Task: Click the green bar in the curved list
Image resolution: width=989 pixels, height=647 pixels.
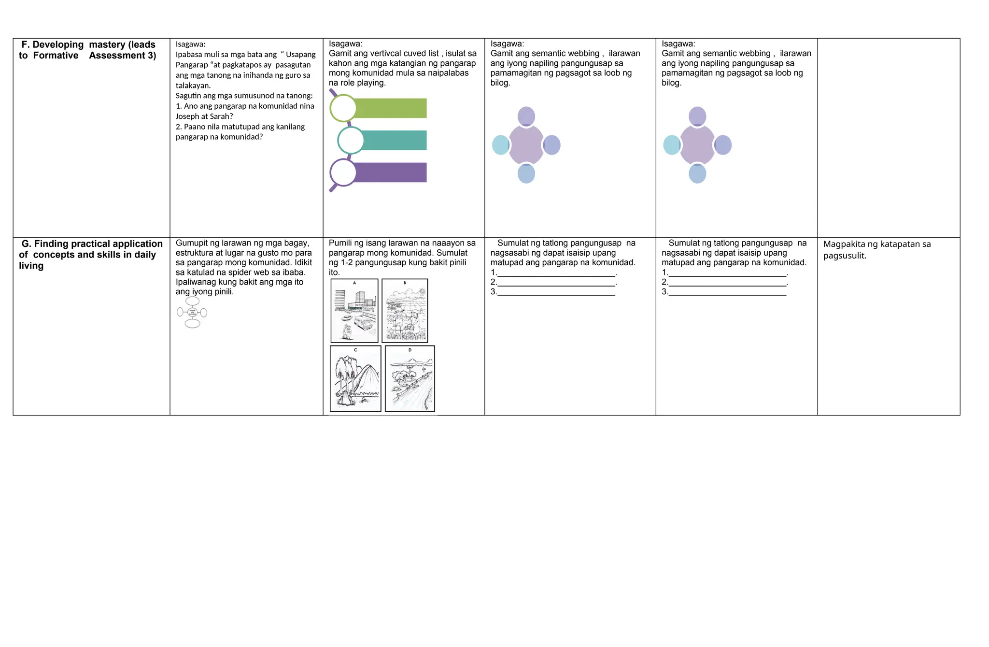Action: coord(391,108)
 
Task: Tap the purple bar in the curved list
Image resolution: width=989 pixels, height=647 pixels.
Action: coord(391,173)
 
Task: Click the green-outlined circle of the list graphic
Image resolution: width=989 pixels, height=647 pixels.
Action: coord(343,108)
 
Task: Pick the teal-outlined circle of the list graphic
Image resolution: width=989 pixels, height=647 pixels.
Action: coord(351,141)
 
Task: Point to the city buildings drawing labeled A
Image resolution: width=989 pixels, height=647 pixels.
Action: coord(354,311)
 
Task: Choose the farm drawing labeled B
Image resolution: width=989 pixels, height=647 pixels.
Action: coord(405,311)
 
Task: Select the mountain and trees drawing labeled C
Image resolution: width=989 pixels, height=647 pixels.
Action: coord(355,378)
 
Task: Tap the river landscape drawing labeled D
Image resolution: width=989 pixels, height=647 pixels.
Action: coord(410,378)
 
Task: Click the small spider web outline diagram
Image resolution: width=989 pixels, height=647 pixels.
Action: coord(192,313)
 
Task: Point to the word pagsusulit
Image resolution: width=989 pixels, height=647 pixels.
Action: coord(845,256)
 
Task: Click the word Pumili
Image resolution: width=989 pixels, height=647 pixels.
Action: coord(340,243)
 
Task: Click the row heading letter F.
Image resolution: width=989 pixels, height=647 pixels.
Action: coord(25,45)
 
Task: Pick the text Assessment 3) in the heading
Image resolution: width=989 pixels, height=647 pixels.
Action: coord(122,56)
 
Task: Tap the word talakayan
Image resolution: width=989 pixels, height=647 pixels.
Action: coord(193,86)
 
